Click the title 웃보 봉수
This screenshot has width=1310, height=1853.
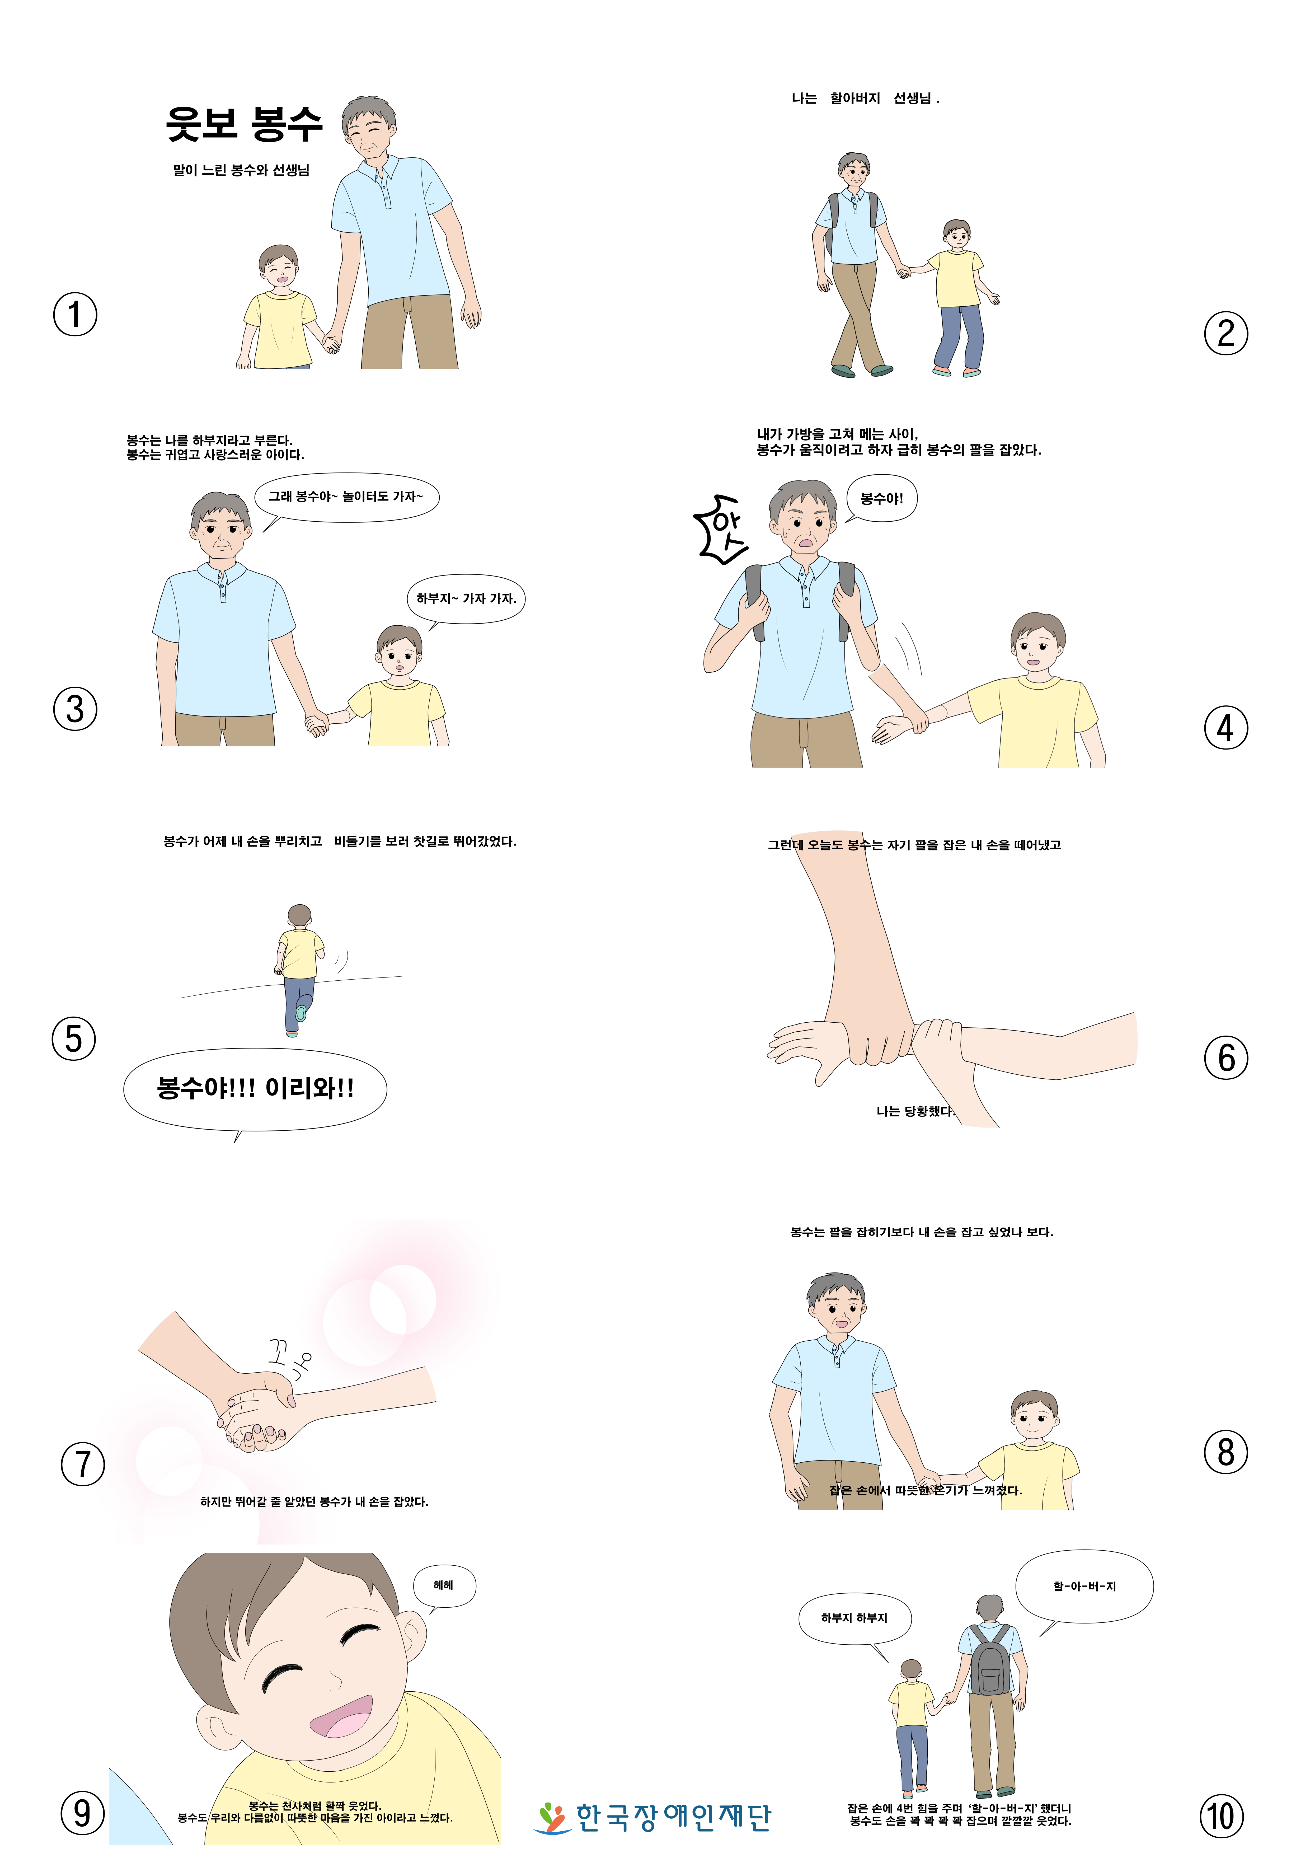pos(244,124)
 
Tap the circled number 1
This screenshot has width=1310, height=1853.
pos(75,315)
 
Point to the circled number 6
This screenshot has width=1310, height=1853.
pos(1225,1058)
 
